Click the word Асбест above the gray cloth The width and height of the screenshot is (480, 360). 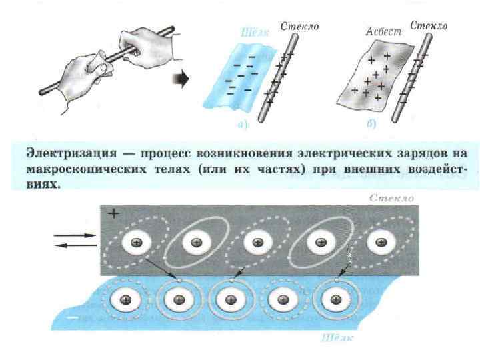(381, 31)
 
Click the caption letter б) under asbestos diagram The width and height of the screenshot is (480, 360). (371, 123)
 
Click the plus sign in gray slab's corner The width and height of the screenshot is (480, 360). (113, 214)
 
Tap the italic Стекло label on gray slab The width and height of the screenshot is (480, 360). (393, 198)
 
